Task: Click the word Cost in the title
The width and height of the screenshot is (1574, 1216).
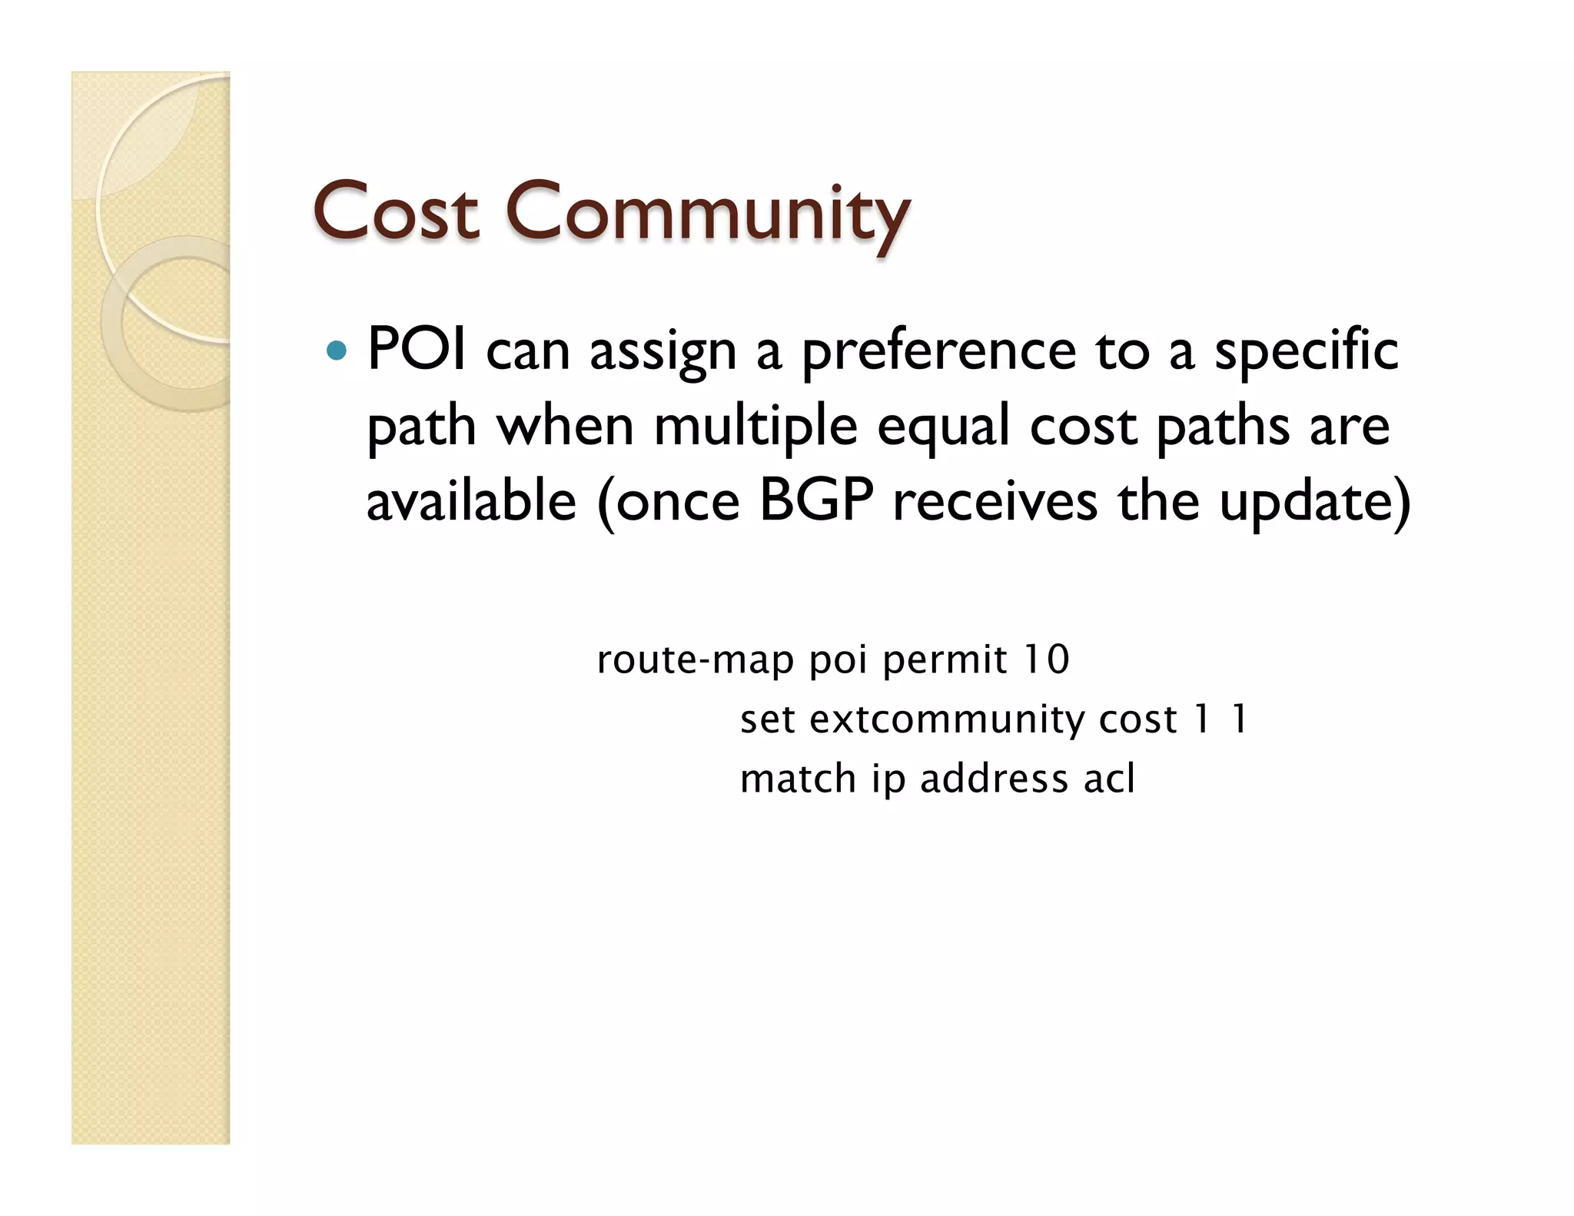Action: pos(396,211)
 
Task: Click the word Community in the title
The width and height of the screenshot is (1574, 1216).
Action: pos(707,212)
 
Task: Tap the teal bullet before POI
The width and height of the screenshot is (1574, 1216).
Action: pos(336,351)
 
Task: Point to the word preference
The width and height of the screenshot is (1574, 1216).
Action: pos(938,352)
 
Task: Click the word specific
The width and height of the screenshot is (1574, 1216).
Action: pos(1306,352)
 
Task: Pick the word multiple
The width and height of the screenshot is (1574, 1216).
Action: pos(755,427)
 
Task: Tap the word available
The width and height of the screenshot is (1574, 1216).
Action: pos(471,501)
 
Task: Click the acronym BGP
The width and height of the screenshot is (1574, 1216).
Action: pos(816,501)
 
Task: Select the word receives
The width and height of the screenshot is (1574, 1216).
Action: pos(995,501)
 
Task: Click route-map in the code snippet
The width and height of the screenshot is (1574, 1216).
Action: pos(695,660)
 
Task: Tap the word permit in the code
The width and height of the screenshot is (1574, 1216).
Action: pos(944,660)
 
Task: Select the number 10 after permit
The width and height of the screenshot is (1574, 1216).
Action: pos(1046,659)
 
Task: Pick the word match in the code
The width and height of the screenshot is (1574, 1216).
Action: pos(798,779)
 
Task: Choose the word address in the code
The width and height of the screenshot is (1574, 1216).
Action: pos(994,779)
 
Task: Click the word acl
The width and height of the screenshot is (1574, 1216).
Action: pos(1108,779)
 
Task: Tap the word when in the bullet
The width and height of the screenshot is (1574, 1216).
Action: pos(566,427)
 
